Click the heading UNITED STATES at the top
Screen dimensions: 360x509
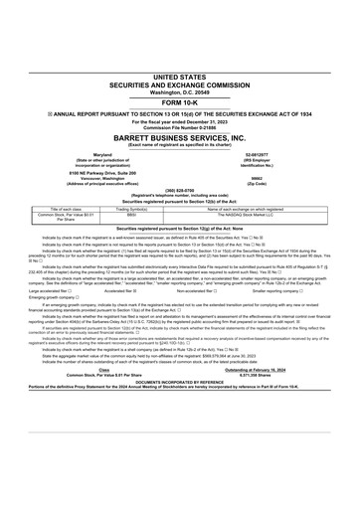[180, 76]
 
